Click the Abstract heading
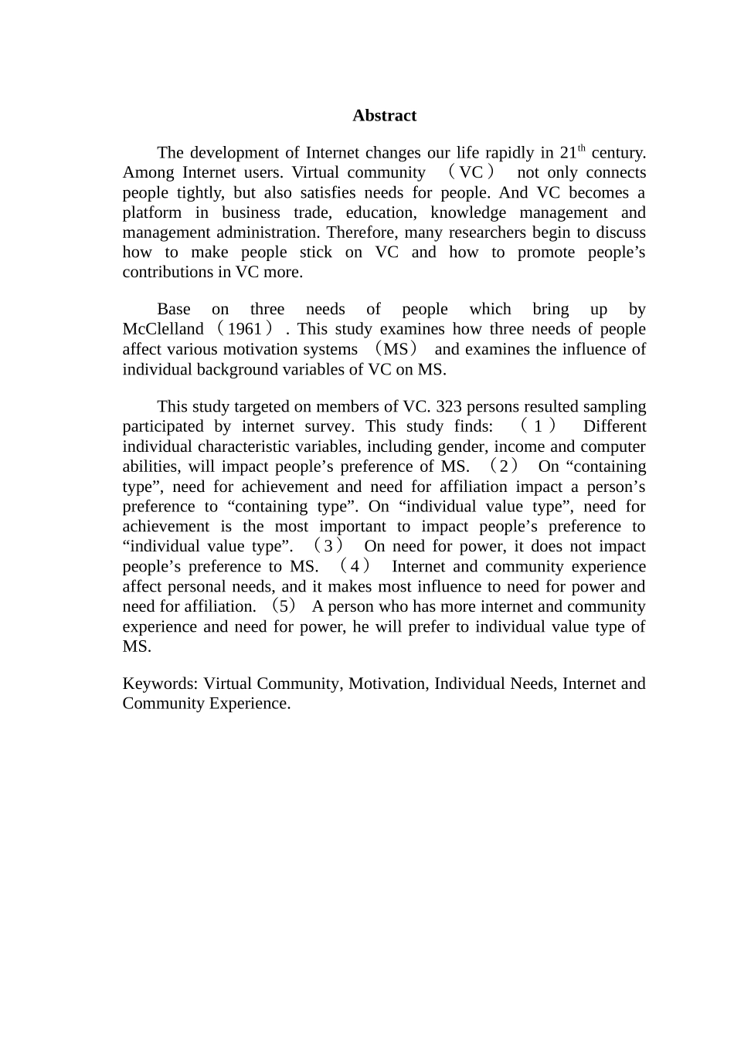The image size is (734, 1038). click(384, 116)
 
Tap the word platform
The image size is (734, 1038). click(153, 213)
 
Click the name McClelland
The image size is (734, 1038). click(163, 330)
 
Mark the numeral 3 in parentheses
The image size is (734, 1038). click(328, 547)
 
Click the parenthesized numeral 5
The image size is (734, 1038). click(287, 607)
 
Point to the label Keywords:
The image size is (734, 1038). click(161, 684)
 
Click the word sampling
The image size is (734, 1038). click(612, 407)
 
